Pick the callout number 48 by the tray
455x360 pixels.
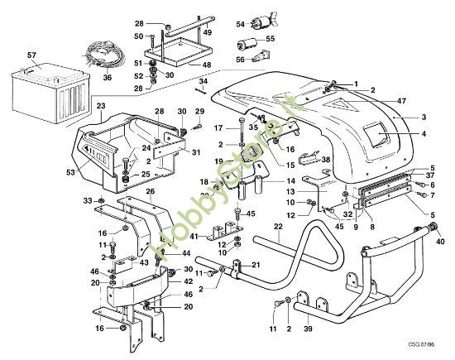pyautogui.click(x=207, y=64)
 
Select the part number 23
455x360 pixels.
pyautogui.click(x=100, y=107)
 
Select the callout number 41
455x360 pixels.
pyautogui.click(x=193, y=236)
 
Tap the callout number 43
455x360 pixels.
pyautogui.click(x=143, y=262)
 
